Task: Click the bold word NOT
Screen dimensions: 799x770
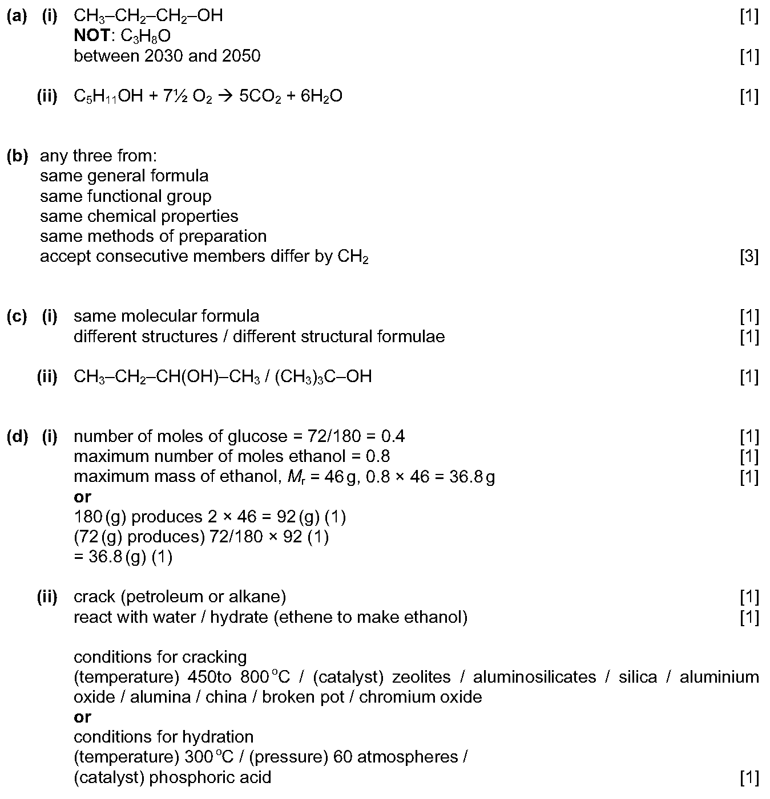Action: (92, 36)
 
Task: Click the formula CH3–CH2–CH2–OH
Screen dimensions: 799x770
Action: (148, 16)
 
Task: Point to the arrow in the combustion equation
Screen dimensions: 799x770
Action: (225, 96)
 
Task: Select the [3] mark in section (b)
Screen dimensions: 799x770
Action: (749, 257)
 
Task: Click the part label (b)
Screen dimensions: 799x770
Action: (17, 156)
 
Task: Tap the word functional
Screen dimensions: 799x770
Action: (126, 196)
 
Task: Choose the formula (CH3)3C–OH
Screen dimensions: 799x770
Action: (323, 376)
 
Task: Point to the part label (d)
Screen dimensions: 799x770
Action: (17, 437)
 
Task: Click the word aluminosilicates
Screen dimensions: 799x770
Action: (534, 677)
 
